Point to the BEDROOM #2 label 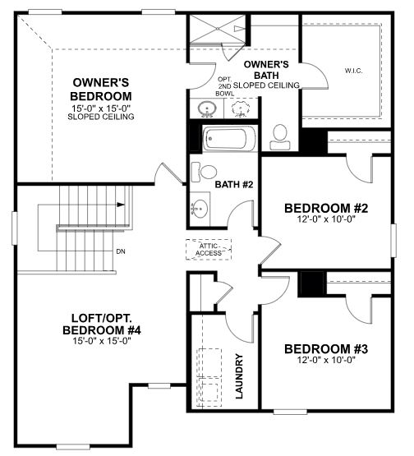click(x=325, y=208)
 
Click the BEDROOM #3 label click(x=325, y=349)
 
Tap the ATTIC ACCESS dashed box click(x=209, y=249)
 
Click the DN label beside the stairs click(x=121, y=251)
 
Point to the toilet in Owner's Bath click(x=279, y=136)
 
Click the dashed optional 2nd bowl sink click(x=241, y=108)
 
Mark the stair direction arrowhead click(x=120, y=206)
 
